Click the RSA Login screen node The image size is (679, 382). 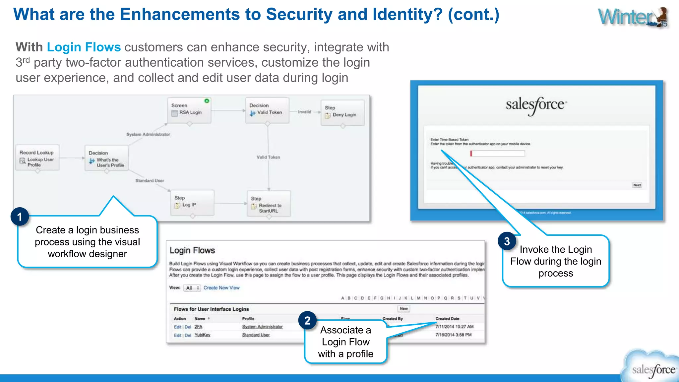coord(189,110)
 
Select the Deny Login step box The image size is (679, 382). coord(342,113)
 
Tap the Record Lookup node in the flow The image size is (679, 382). coord(37,158)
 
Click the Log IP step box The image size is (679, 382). coord(192,203)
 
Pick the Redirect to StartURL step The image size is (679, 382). coord(269,204)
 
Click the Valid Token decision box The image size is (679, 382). coord(267,110)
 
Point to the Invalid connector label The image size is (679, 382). coord(304,112)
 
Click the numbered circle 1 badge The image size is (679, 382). coord(20,217)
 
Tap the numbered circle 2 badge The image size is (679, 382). coord(307,320)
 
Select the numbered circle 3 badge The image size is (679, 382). coord(507,241)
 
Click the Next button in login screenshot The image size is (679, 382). coord(637,185)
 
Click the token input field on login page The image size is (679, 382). coord(498,154)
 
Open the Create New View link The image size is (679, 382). coord(221,288)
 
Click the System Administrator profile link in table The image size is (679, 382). coord(262,327)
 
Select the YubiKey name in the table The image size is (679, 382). coord(202,335)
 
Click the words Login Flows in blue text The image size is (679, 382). coord(84,47)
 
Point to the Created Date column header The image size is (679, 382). coord(447,319)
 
